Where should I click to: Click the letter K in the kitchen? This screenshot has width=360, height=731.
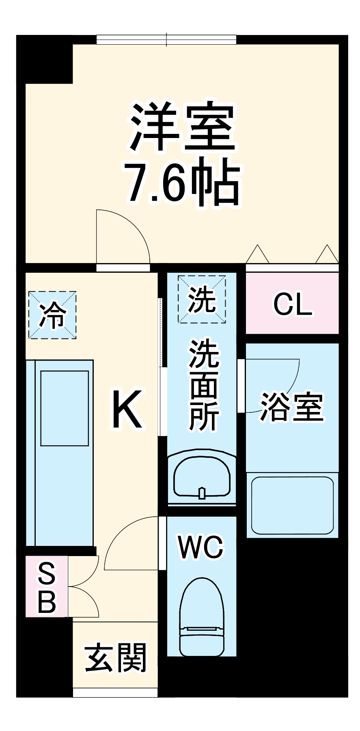point(127,409)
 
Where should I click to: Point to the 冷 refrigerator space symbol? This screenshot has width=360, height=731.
point(52,315)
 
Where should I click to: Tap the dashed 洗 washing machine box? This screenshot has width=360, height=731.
point(202,299)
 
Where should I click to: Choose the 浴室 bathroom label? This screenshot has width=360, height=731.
point(292,407)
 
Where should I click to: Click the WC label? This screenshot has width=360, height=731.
point(201,547)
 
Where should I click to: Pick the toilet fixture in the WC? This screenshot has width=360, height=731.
point(202,617)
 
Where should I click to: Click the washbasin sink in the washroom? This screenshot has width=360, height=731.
point(202,478)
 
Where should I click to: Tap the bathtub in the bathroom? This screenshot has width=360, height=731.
point(292,505)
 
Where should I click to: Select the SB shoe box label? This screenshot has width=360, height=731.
point(47,587)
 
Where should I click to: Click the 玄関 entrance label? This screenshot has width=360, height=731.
point(116,658)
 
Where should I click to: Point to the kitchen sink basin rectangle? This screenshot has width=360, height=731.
point(65,408)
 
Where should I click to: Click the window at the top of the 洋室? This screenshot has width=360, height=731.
point(166,39)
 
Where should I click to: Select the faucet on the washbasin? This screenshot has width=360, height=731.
point(202,493)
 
